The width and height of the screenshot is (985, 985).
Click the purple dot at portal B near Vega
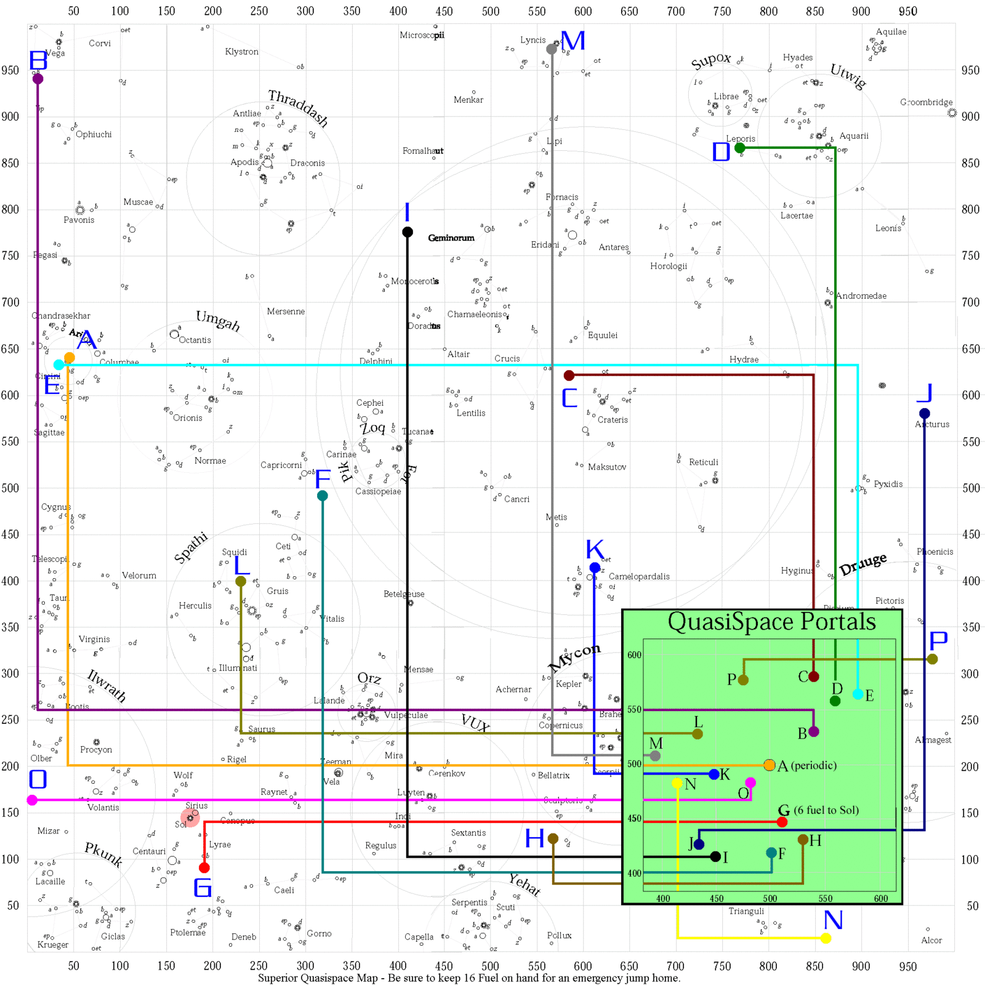tap(38, 79)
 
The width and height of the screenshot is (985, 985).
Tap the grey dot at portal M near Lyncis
tap(552, 49)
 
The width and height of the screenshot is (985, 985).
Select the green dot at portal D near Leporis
tap(740, 148)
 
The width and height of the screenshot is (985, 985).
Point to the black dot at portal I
tap(408, 232)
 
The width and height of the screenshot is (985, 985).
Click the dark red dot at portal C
tap(569, 376)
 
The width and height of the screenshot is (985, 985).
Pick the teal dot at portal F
tap(323, 496)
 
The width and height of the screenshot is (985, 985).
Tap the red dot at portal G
tap(204, 867)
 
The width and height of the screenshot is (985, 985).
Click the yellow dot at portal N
tap(826, 938)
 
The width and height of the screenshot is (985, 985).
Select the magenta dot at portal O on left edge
tap(32, 800)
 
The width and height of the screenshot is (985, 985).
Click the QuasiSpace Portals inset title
tap(771, 622)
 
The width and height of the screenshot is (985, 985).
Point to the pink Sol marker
tap(190, 818)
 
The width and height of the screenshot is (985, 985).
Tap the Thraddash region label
tap(298, 107)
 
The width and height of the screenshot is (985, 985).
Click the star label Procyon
tap(96, 750)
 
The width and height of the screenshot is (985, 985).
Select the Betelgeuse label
tap(404, 594)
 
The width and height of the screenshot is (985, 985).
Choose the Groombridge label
tap(926, 102)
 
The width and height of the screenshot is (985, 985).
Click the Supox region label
tap(710, 61)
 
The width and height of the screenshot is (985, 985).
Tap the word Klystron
tap(241, 52)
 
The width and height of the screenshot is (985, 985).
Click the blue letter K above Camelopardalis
tap(595, 549)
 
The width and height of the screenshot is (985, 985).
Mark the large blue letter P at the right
tap(938, 641)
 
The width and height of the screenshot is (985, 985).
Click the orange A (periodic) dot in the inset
tap(769, 765)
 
